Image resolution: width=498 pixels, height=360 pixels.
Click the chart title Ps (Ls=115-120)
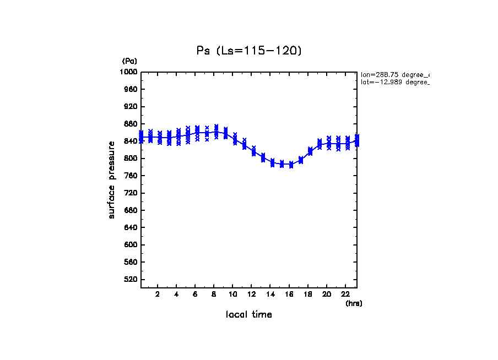(x=249, y=51)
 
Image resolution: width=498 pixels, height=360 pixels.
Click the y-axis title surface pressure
(x=112, y=179)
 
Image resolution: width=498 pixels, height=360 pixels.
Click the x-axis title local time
(x=248, y=315)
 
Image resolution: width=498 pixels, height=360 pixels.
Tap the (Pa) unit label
(x=129, y=61)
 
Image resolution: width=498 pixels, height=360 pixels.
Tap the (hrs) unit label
(x=354, y=303)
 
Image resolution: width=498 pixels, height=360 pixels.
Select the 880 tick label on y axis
(x=131, y=124)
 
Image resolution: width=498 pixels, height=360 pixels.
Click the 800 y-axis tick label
(x=131, y=159)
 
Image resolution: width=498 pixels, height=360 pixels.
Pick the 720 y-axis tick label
(x=131, y=193)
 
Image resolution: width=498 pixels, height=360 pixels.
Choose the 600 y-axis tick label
(x=131, y=245)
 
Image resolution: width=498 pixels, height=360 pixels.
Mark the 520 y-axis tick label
(x=131, y=280)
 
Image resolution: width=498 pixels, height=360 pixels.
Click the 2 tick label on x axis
(x=158, y=294)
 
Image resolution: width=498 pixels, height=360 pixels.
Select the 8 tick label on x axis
(x=214, y=294)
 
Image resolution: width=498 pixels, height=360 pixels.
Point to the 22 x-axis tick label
(x=345, y=294)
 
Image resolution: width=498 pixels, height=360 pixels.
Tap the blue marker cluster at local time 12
(x=253, y=151)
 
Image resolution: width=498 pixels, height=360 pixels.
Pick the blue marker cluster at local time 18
(x=310, y=151)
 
